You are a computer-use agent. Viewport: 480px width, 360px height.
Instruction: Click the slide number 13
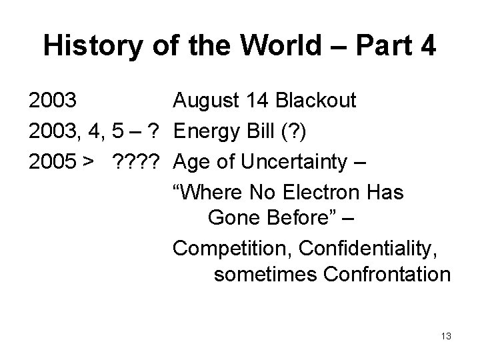coord(446,336)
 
